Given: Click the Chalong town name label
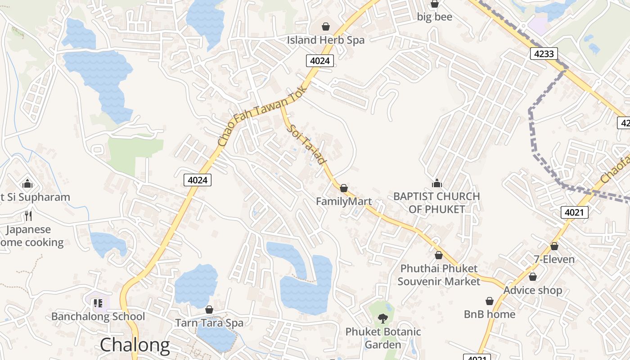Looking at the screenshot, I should (135, 345).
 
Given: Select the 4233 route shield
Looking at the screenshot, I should (544, 54).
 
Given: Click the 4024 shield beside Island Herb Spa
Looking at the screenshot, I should (320, 60).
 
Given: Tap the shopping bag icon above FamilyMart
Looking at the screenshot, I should (344, 188).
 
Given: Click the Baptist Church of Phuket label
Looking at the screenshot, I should (436, 203).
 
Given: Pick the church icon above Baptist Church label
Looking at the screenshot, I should (436, 183).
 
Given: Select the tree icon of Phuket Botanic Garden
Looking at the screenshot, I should (382, 319).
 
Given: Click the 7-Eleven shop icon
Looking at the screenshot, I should (554, 246).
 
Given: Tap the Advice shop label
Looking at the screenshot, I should (533, 290).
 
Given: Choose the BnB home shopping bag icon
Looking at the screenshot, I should (490, 301).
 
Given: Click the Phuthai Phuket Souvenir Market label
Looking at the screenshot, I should (439, 275).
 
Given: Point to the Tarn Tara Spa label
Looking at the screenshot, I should (209, 323).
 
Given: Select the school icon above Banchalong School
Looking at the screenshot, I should (98, 303).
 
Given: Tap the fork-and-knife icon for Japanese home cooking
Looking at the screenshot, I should (28, 216).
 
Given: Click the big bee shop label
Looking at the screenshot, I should (434, 17).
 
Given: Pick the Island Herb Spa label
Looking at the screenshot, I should (326, 40).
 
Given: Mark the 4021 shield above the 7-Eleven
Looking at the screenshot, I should (575, 212).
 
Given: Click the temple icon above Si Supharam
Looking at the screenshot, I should (27, 184).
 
